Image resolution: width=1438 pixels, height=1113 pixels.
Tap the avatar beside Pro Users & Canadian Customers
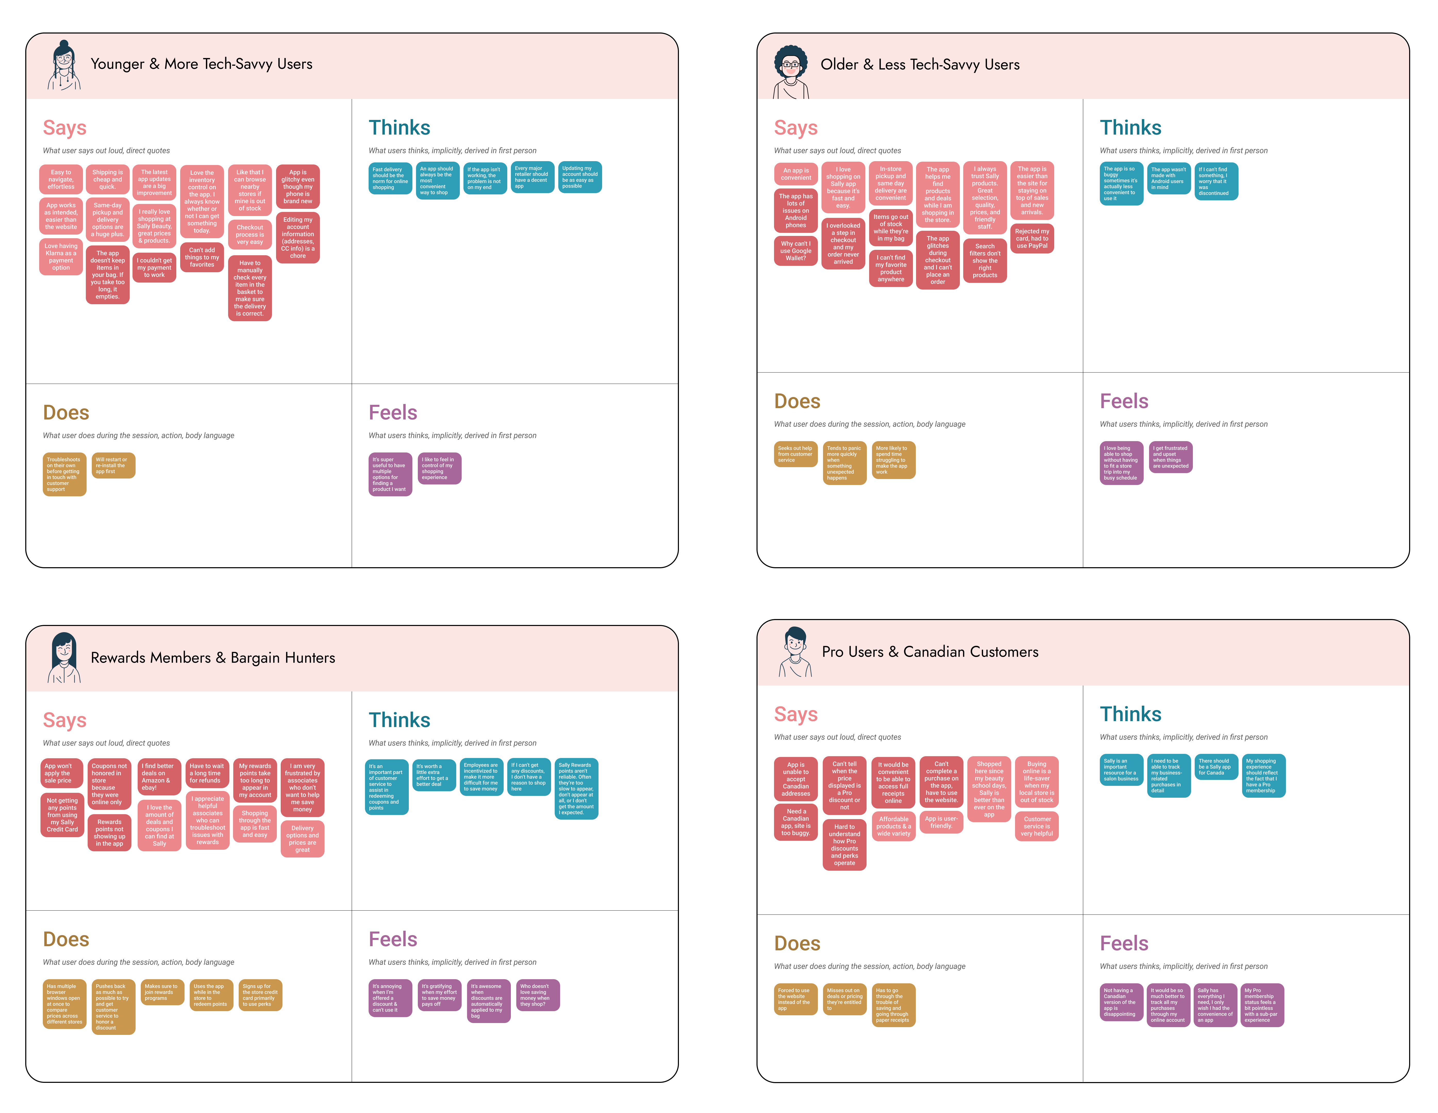point(795,652)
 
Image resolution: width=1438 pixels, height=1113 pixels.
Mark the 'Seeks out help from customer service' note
point(795,455)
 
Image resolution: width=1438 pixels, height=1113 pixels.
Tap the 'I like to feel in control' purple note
point(439,468)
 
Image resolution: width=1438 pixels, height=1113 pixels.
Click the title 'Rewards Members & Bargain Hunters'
point(213,658)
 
